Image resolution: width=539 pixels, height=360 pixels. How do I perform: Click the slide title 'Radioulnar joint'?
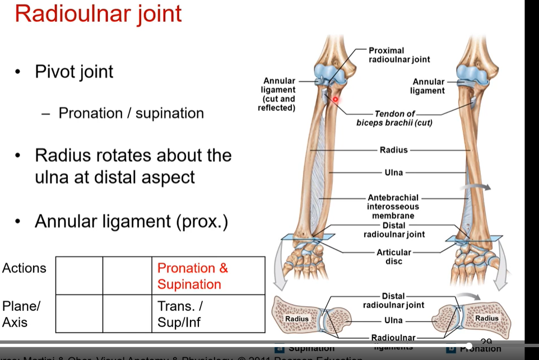click(x=98, y=13)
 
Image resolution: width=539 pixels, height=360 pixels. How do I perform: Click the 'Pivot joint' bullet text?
click(x=74, y=72)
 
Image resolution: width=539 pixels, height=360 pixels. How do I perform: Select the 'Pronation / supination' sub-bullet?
click(x=131, y=113)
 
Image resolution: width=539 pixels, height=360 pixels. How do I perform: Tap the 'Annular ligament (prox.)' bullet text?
click(x=131, y=222)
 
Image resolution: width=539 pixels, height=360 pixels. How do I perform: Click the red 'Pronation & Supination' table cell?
click(x=192, y=276)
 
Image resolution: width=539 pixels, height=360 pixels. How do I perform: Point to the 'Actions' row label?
click(x=24, y=268)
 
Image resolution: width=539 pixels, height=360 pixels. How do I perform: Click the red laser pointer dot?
click(x=336, y=100)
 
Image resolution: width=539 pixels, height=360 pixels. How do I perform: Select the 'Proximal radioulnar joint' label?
click(x=399, y=55)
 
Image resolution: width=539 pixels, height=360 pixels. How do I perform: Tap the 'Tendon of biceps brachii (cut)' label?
click(x=394, y=118)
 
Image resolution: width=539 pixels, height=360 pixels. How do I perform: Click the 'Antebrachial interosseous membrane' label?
click(x=393, y=207)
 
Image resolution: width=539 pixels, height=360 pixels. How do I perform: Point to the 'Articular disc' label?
click(x=393, y=256)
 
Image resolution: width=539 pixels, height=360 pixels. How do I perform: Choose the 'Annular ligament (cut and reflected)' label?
click(x=278, y=94)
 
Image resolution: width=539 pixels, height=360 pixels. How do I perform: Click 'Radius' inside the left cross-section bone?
click(x=296, y=319)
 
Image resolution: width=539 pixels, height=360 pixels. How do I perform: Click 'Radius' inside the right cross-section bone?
click(x=486, y=318)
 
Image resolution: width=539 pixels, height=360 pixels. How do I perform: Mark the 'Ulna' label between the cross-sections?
click(x=393, y=321)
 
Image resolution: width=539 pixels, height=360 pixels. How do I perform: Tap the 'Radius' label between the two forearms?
click(x=393, y=150)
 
